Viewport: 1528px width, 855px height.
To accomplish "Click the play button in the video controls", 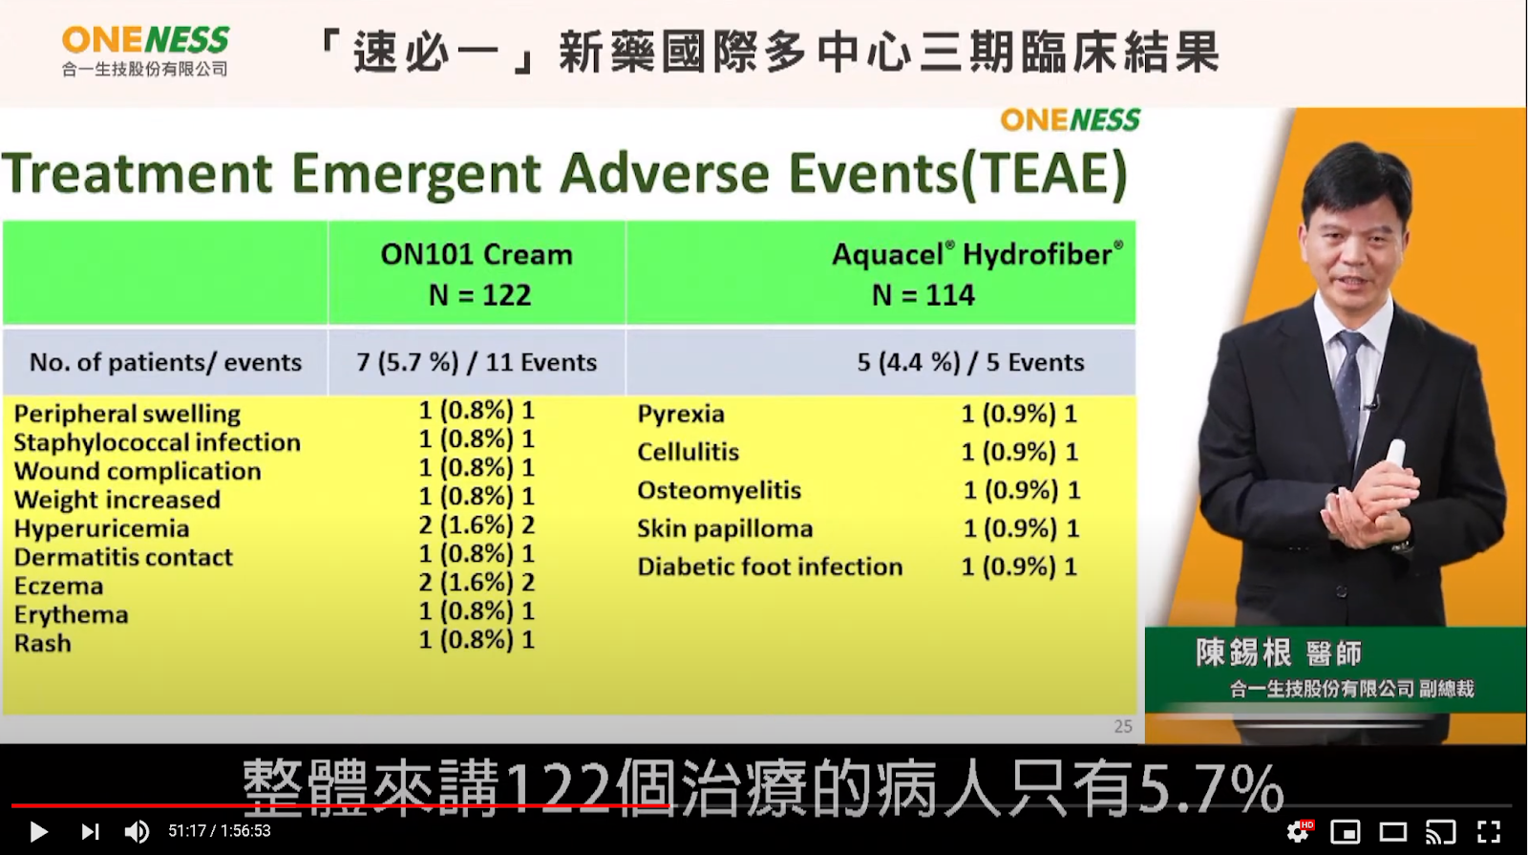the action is tap(39, 832).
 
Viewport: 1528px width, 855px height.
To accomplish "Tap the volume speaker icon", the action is tap(137, 832).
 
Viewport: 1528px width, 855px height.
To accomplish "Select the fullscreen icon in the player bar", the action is tap(1489, 832).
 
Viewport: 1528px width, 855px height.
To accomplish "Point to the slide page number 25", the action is tap(1123, 726).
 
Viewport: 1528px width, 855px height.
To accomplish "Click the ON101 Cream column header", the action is tap(477, 274).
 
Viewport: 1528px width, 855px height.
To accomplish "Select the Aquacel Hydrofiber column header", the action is tap(976, 274).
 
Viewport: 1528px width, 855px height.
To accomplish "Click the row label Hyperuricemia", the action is tap(101, 529).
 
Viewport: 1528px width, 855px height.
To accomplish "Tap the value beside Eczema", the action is tap(477, 582).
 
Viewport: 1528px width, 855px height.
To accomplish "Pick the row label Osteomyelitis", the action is tap(719, 490).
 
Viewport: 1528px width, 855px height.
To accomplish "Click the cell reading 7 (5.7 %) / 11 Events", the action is tap(477, 362).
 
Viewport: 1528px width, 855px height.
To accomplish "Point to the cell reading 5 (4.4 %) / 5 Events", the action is tap(970, 362).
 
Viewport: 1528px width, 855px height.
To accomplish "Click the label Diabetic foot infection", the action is tap(770, 566).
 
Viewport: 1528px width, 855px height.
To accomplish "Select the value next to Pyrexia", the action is tap(1019, 414).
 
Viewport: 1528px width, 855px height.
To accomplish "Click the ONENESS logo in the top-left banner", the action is tap(145, 52).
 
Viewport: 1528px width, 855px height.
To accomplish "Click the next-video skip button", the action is tap(90, 832).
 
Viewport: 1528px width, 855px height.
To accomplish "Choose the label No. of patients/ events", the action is tap(166, 362).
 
